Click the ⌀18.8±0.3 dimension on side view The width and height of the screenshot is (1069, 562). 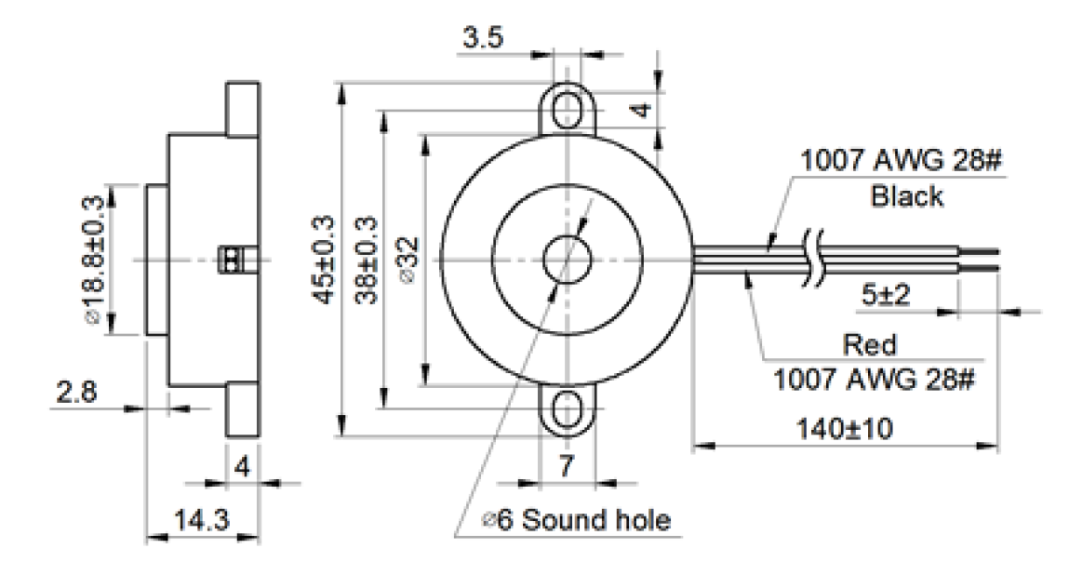pos(93,260)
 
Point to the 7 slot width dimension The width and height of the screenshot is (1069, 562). pos(567,467)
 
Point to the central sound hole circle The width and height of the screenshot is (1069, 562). pos(566,259)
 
